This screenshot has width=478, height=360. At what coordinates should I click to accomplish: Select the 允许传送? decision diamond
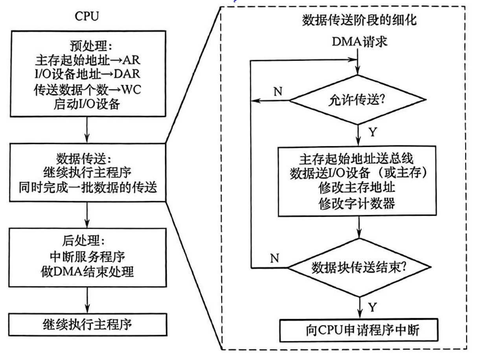358,100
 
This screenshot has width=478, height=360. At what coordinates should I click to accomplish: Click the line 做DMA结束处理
86,272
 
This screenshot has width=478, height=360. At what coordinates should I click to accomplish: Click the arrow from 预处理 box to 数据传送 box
86,132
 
